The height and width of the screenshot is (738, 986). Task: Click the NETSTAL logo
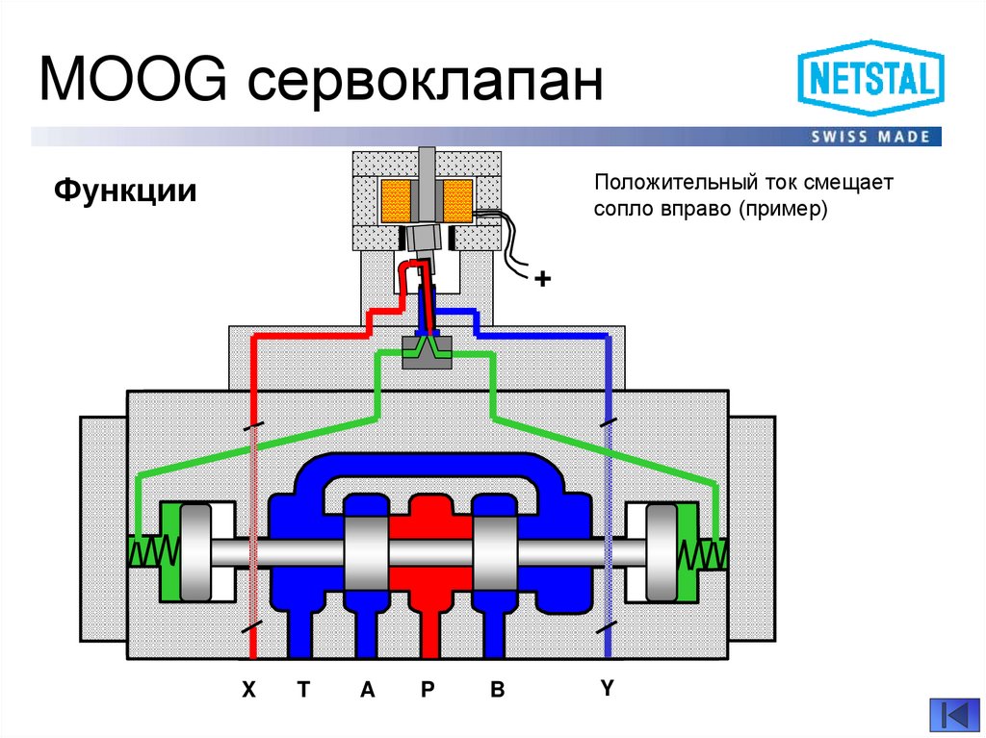coord(869,80)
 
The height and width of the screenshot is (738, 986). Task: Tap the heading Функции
coord(125,190)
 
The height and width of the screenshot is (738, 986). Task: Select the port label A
coord(366,689)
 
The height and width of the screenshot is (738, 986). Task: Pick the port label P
coord(428,689)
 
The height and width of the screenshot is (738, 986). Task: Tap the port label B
coord(497,689)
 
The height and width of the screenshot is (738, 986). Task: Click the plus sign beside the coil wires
coord(543,279)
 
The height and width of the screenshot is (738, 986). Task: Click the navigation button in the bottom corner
coord(952,714)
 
